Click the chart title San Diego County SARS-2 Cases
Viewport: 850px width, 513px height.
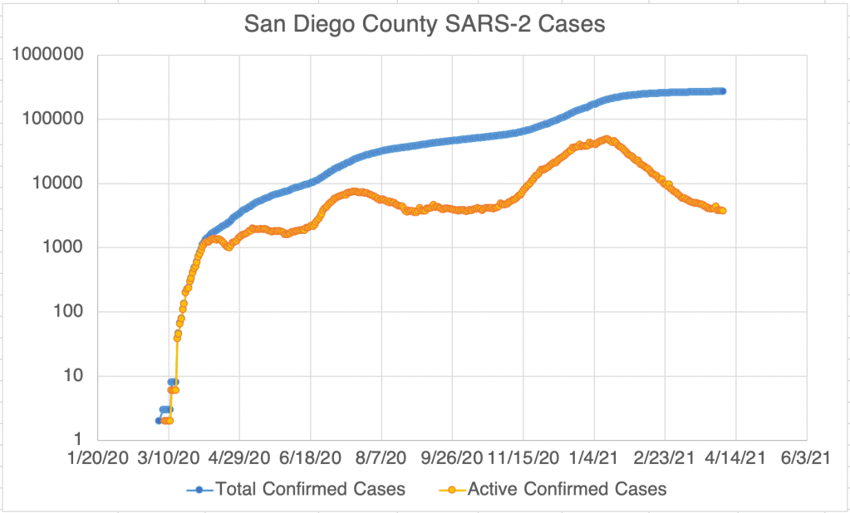(x=425, y=25)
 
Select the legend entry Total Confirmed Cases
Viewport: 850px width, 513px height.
(x=310, y=489)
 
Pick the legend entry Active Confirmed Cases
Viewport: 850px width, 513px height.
(x=567, y=489)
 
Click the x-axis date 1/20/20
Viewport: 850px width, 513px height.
(x=98, y=457)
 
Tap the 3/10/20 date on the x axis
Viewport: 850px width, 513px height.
(x=169, y=457)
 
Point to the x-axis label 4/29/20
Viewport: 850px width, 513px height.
(x=240, y=457)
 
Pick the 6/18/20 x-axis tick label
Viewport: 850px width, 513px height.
(x=311, y=457)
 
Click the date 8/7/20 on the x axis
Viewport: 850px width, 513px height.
(x=381, y=457)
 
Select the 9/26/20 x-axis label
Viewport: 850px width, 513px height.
(x=453, y=457)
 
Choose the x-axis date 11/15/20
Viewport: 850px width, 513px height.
(x=523, y=457)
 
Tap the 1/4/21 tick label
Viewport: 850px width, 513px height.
(x=594, y=457)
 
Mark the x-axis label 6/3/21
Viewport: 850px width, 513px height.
(x=807, y=457)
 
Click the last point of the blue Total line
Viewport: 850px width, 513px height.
(x=722, y=90)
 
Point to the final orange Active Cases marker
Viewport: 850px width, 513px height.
(x=722, y=211)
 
